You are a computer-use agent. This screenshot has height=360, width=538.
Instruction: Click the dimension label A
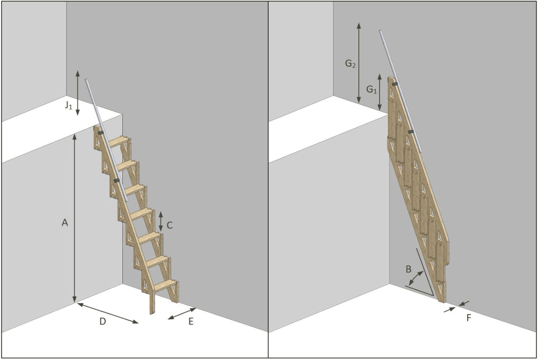(65, 222)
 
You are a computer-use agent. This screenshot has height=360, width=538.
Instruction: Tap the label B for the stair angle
(408, 269)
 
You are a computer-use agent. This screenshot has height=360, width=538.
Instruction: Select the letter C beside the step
(169, 225)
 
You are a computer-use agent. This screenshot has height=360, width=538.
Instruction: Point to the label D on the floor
(103, 321)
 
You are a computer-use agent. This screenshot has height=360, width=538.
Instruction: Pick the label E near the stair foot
(191, 321)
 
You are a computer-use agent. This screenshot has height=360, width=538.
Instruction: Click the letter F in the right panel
(469, 318)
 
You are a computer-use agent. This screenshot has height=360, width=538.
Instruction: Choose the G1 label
(372, 90)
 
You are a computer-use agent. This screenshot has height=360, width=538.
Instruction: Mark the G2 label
(351, 64)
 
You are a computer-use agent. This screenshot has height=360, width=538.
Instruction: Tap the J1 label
(69, 105)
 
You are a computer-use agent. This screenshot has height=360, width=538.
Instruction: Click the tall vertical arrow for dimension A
(74, 218)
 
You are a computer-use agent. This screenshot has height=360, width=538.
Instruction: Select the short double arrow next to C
(161, 221)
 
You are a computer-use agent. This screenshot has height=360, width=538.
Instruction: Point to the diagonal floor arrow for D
(108, 313)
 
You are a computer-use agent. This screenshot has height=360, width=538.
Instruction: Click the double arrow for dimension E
(182, 313)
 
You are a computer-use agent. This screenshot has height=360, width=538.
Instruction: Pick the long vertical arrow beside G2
(359, 63)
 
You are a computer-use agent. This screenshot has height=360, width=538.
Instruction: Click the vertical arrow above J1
(77, 93)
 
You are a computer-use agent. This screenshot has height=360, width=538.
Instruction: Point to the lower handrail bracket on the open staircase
(117, 180)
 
